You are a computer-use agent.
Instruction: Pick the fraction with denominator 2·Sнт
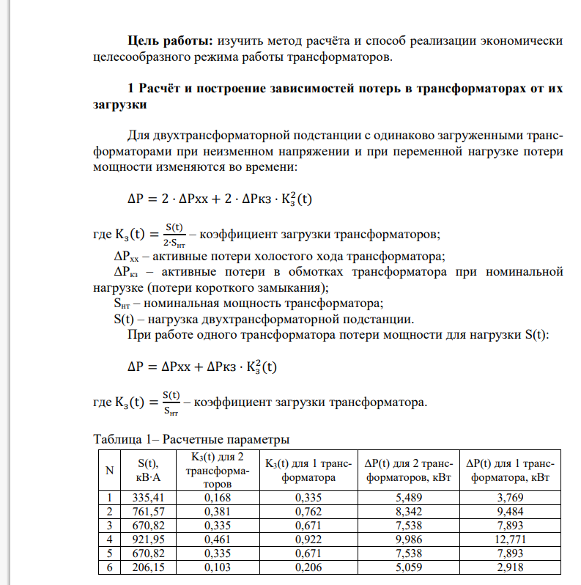(174, 235)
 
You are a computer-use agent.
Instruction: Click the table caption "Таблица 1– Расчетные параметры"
(191, 440)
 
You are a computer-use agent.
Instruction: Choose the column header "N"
(109, 469)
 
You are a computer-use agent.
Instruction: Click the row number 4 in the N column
(109, 541)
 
